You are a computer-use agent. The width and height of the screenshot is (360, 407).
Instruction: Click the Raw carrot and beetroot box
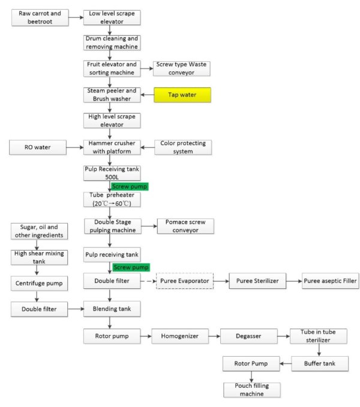tap(40, 17)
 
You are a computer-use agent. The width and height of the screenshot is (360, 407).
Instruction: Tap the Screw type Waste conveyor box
tap(182, 68)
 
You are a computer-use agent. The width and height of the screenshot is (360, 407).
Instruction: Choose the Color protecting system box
tap(184, 147)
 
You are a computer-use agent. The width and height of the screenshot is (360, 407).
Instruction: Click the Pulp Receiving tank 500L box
tap(112, 173)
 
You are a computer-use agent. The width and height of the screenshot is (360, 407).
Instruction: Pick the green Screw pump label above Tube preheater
tap(129, 186)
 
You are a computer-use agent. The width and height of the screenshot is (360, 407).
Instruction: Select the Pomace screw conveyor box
tap(185, 226)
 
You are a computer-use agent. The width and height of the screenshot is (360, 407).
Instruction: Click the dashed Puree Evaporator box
tap(185, 280)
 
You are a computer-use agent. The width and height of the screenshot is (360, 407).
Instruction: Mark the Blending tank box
tap(112, 309)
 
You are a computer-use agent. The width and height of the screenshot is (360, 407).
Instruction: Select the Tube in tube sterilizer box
tap(318, 336)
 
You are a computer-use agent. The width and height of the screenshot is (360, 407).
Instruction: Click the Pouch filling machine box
tap(252, 390)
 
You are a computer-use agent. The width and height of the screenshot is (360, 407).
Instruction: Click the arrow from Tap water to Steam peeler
tap(147, 95)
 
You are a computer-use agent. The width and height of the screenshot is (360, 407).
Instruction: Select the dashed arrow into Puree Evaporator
tap(148, 280)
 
